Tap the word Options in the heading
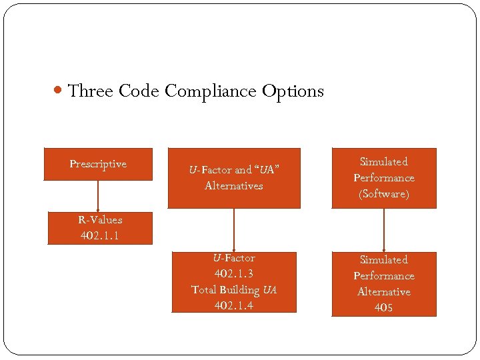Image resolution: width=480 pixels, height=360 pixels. [x=293, y=91]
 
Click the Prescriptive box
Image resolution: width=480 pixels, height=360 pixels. [x=98, y=164]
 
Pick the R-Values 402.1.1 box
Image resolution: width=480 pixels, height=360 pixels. [x=100, y=228]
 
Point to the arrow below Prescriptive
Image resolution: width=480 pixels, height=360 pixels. [x=98, y=196]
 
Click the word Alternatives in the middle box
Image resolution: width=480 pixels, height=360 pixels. [x=233, y=186]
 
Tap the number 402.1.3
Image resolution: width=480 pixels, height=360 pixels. [x=233, y=273]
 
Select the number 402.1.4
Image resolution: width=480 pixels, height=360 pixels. [x=233, y=305]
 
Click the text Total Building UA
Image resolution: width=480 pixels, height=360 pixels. [x=233, y=289]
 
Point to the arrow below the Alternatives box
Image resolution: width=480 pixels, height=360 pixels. [x=233, y=230]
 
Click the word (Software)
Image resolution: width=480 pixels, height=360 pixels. [x=383, y=194]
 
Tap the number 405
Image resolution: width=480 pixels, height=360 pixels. [x=383, y=307]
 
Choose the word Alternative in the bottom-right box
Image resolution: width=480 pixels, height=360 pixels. [x=383, y=291]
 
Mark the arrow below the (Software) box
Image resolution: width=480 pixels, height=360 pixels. [x=384, y=230]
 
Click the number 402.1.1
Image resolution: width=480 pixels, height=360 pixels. [x=100, y=235]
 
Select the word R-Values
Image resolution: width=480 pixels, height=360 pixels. [x=100, y=219]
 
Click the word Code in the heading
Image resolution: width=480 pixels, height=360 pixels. [x=139, y=91]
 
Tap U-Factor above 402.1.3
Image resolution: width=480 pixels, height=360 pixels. [x=233, y=257]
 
